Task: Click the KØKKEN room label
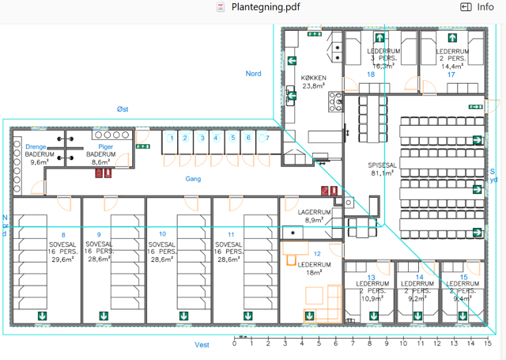point(313,81)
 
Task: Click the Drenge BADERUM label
point(39,154)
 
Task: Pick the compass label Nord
point(253,74)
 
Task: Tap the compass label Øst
point(122,108)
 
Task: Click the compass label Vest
point(202,345)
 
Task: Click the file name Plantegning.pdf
point(265,7)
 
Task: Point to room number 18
point(369,74)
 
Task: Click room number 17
point(451,74)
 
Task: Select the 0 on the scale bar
point(235,344)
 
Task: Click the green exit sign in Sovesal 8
point(41,316)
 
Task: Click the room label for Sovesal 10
point(162,246)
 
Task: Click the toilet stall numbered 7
point(267,138)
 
